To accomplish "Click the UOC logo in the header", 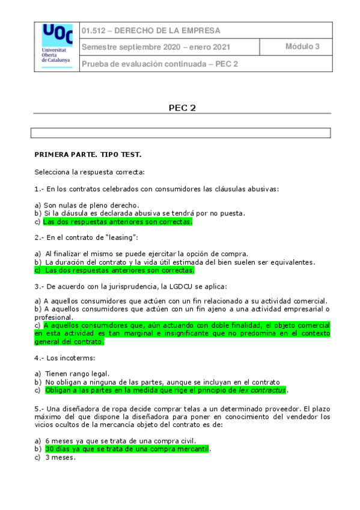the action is coord(57,46).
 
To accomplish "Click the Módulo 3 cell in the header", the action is coord(302,47).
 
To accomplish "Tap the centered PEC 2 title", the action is coord(182,108).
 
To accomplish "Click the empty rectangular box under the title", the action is coord(181,133).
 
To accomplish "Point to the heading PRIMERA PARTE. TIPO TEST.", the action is coord(88,155).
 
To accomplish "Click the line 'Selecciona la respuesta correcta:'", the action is coord(90,172).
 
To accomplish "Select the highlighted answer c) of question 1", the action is coord(118,222).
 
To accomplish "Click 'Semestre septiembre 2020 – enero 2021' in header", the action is coord(156,47).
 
